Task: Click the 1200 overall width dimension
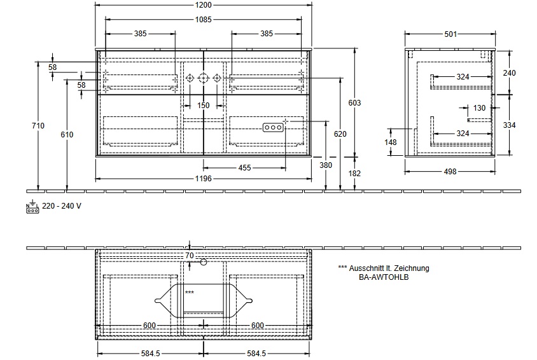coord(204,5)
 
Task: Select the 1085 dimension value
coord(204,20)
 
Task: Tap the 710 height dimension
coord(38,125)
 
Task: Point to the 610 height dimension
coord(67,134)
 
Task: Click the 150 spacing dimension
coord(204,106)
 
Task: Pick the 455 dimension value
coord(244,168)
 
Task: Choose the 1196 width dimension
coord(204,178)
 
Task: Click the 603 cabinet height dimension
coord(354,102)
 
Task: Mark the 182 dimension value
coord(354,174)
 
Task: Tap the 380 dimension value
coord(326,165)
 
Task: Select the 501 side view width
coord(450,34)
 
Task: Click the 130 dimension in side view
coord(479,108)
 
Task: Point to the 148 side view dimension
coord(391,142)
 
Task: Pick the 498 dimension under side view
coord(450,172)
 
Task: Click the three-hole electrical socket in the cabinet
coord(273,127)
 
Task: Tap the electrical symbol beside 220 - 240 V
coord(32,207)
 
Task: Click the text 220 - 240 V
coord(62,206)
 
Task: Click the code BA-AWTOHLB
coord(384,277)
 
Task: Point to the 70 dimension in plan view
coord(190,256)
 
